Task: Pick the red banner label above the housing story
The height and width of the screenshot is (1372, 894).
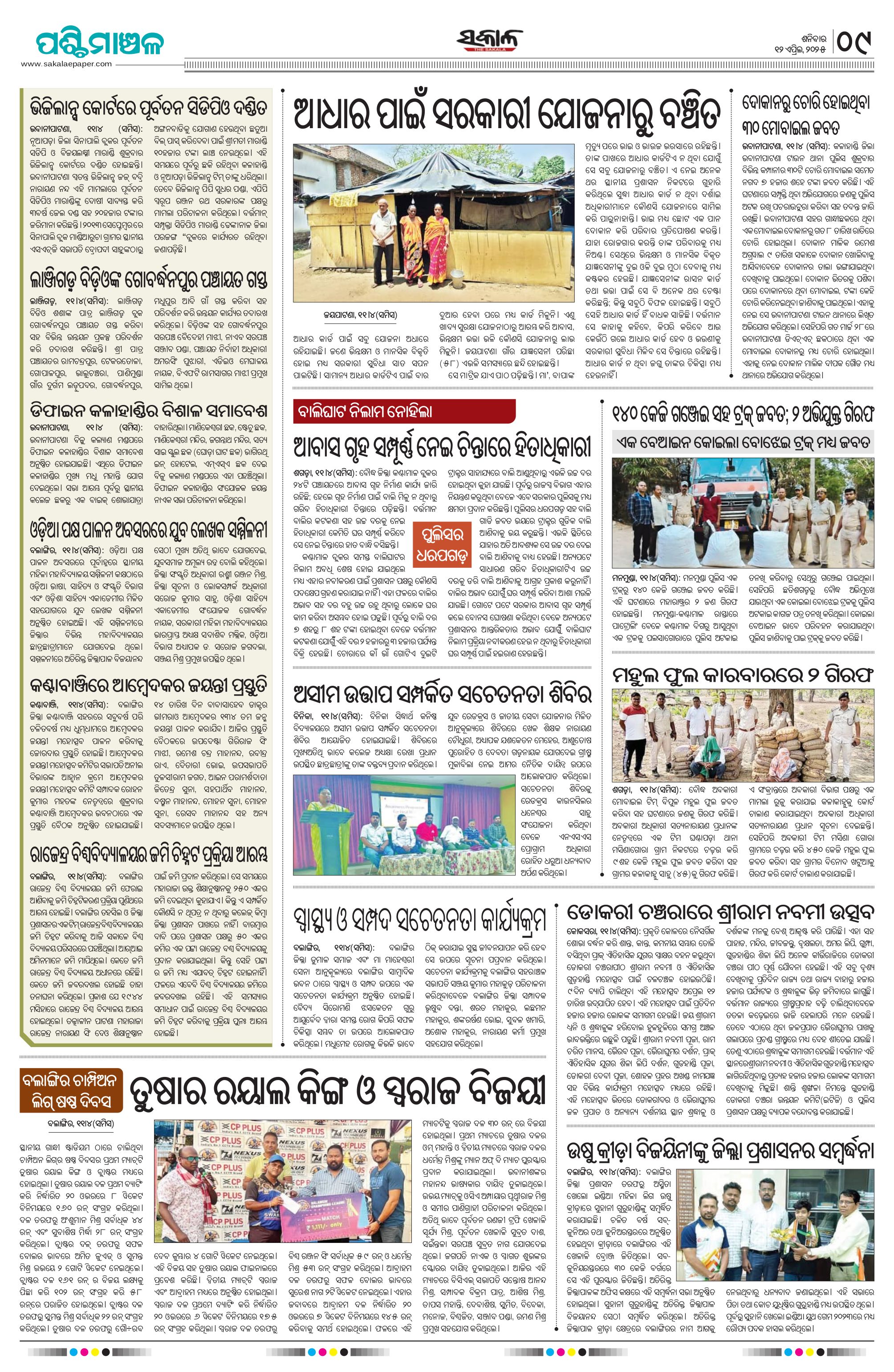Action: pyautogui.click(x=404, y=411)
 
